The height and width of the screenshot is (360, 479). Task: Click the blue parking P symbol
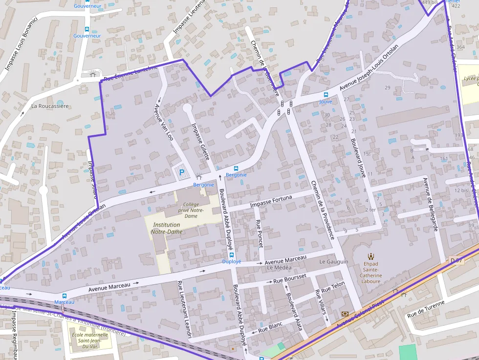click(182, 172)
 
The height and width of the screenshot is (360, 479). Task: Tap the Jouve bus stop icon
click(326, 95)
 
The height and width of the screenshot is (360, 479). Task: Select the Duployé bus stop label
click(232, 261)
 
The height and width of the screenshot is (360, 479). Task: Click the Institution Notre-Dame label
click(166, 228)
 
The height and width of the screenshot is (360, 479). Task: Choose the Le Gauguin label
click(333, 262)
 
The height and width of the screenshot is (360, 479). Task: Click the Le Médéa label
click(279, 268)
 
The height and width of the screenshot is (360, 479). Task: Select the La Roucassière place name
click(50, 106)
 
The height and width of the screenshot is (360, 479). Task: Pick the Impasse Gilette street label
click(200, 141)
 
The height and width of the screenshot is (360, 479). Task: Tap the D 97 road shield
click(456, 261)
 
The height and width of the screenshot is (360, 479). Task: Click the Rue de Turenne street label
click(426, 310)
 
